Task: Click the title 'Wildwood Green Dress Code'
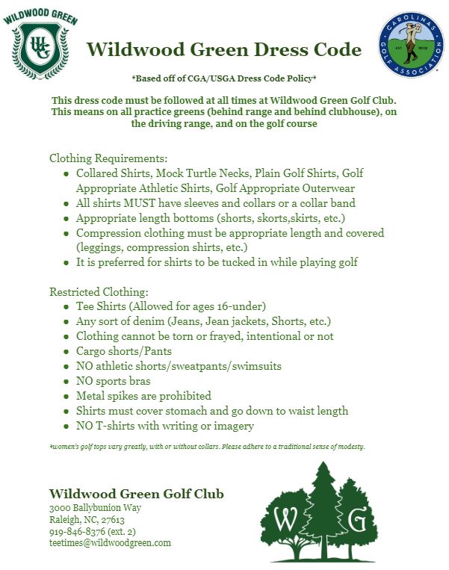[224, 50]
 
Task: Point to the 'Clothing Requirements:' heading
[108, 158]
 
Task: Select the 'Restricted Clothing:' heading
[99, 291]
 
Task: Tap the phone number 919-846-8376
[81, 531]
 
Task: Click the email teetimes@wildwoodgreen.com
[110, 543]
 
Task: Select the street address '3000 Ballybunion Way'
[95, 508]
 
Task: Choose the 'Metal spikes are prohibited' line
[143, 396]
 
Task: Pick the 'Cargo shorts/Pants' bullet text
[124, 351]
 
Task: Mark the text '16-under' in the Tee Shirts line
[244, 306]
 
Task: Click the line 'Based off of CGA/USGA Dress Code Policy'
[224, 78]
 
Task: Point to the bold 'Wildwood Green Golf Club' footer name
[136, 494]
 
